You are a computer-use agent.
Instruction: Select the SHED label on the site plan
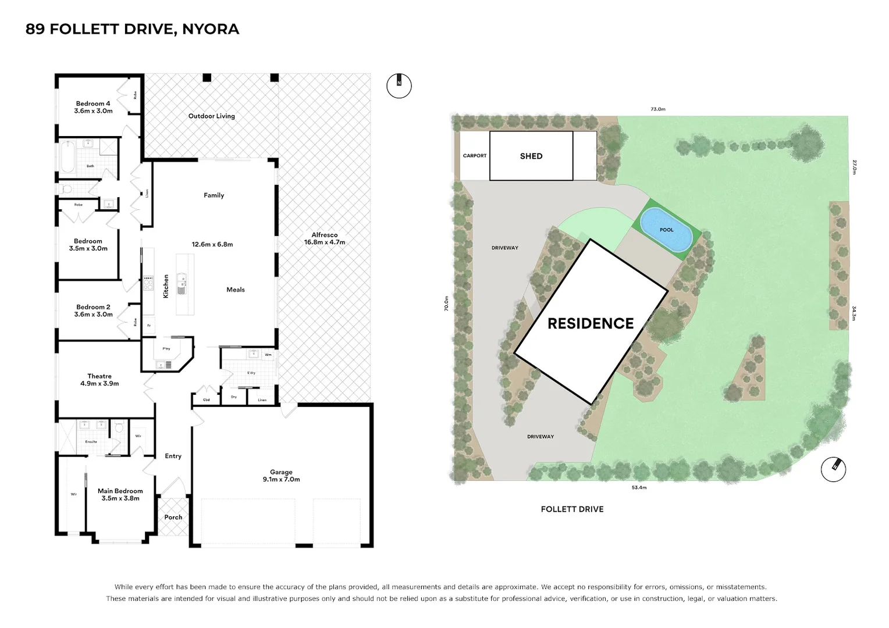click(x=531, y=156)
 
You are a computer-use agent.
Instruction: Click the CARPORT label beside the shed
click(x=475, y=156)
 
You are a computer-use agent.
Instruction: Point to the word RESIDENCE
click(x=591, y=324)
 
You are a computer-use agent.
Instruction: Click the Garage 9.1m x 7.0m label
click(x=281, y=476)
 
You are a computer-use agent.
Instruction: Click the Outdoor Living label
click(x=211, y=116)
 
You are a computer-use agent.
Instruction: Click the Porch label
click(x=173, y=517)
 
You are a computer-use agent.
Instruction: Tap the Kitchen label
click(x=166, y=287)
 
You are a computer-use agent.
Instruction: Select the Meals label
click(x=236, y=290)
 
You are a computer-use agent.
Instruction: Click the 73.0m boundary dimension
click(x=657, y=109)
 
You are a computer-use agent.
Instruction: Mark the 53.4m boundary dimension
click(x=638, y=487)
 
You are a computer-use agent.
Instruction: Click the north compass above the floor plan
click(x=399, y=85)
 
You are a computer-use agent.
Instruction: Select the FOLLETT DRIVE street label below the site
click(x=572, y=509)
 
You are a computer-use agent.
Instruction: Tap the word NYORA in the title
click(x=211, y=29)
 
